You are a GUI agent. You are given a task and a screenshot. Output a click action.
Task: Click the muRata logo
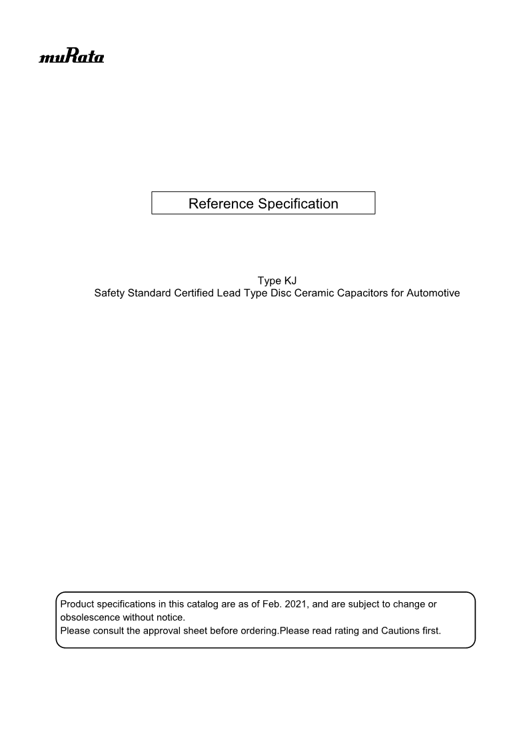coord(72,57)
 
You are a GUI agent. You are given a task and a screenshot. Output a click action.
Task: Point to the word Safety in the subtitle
coord(110,293)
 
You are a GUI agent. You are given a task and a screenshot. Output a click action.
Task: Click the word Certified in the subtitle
coord(195,293)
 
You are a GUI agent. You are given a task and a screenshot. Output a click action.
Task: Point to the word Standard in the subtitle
coord(150,293)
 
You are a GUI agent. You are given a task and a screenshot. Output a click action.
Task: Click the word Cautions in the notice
coord(400,631)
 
